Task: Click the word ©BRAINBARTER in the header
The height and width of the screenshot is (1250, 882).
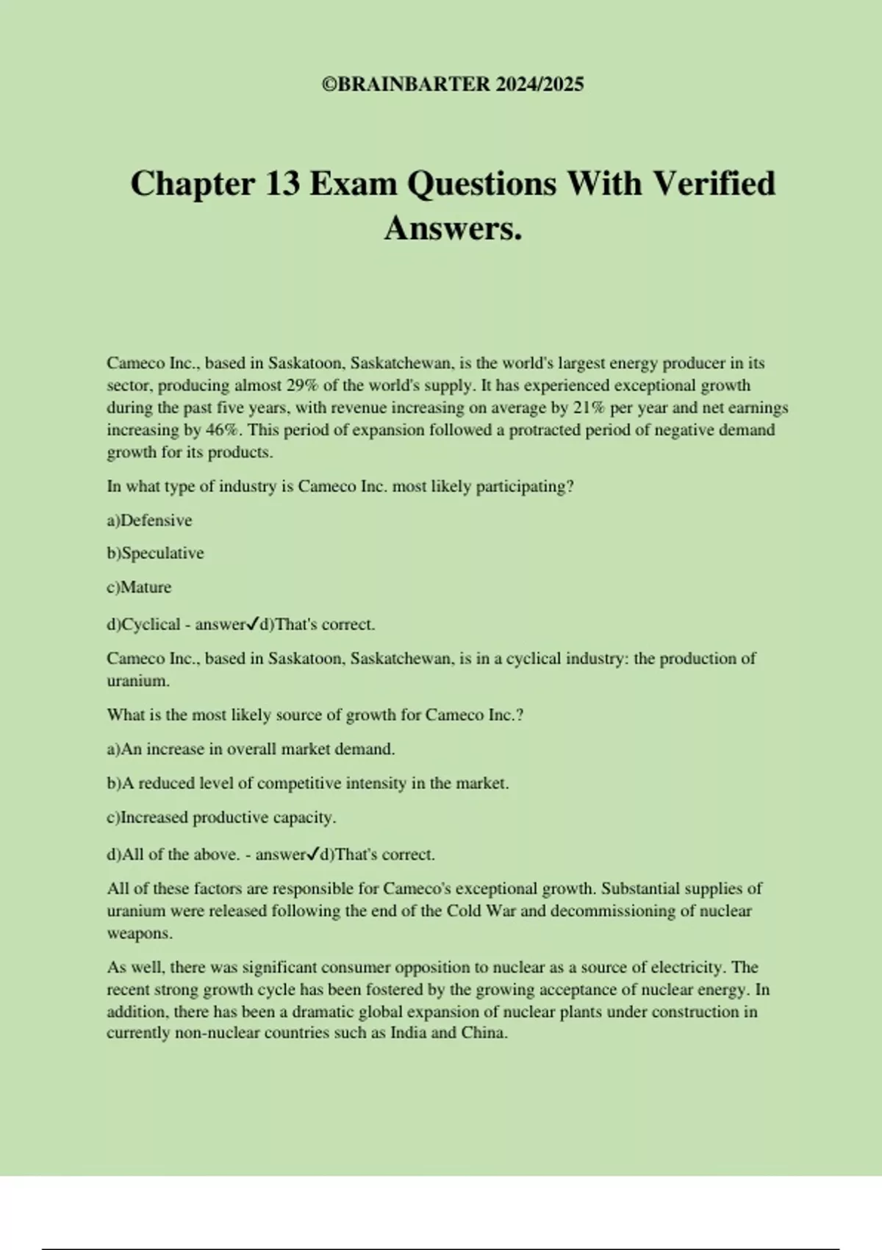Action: [406, 85]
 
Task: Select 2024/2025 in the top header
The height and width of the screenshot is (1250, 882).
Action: [539, 85]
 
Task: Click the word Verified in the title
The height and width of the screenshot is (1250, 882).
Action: [714, 184]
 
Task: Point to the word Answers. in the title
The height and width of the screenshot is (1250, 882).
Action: [453, 228]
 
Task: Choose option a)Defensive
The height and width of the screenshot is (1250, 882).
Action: [149, 521]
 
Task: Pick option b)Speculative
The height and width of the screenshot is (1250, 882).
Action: [155, 553]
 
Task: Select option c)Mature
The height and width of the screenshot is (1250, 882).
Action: [139, 587]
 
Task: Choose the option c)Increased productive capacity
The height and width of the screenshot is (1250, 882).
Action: [221, 817]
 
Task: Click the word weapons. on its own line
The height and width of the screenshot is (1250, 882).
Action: [140, 933]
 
